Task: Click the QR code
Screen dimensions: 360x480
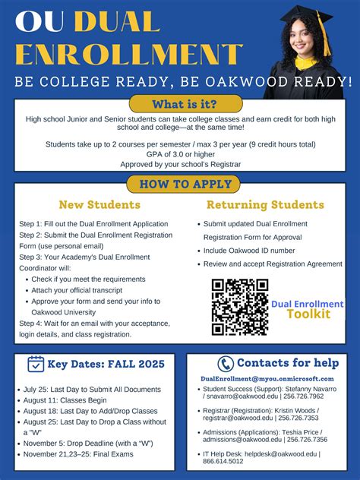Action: tap(239, 307)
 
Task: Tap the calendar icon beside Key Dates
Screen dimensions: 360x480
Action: tap(36, 364)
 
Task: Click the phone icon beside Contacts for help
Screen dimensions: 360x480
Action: tap(226, 364)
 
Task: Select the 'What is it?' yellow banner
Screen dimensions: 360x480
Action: tap(186, 104)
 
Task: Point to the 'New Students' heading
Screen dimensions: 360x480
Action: tap(99, 205)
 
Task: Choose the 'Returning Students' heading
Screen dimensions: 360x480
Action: tap(265, 205)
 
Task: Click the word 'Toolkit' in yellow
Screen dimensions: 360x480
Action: tap(308, 314)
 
